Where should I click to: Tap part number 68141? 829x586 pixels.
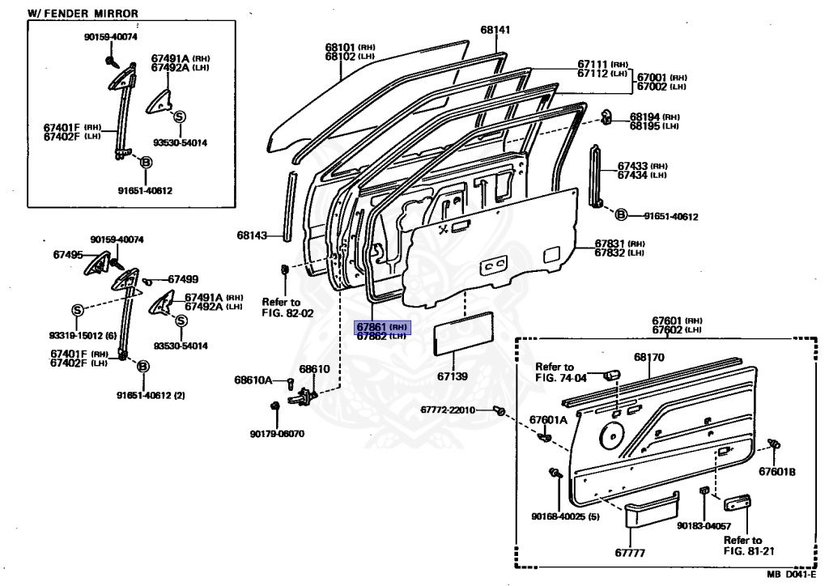495,30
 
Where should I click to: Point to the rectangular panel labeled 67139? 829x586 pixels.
459,338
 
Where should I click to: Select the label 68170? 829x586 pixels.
648,357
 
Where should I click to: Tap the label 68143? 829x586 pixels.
251,236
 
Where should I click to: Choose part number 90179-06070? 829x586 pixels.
277,434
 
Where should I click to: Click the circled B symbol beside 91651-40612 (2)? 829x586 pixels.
142,367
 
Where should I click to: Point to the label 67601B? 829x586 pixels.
777,472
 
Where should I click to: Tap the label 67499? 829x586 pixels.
182,279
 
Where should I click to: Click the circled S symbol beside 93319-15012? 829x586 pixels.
78,310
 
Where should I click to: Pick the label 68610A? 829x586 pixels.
253,380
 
